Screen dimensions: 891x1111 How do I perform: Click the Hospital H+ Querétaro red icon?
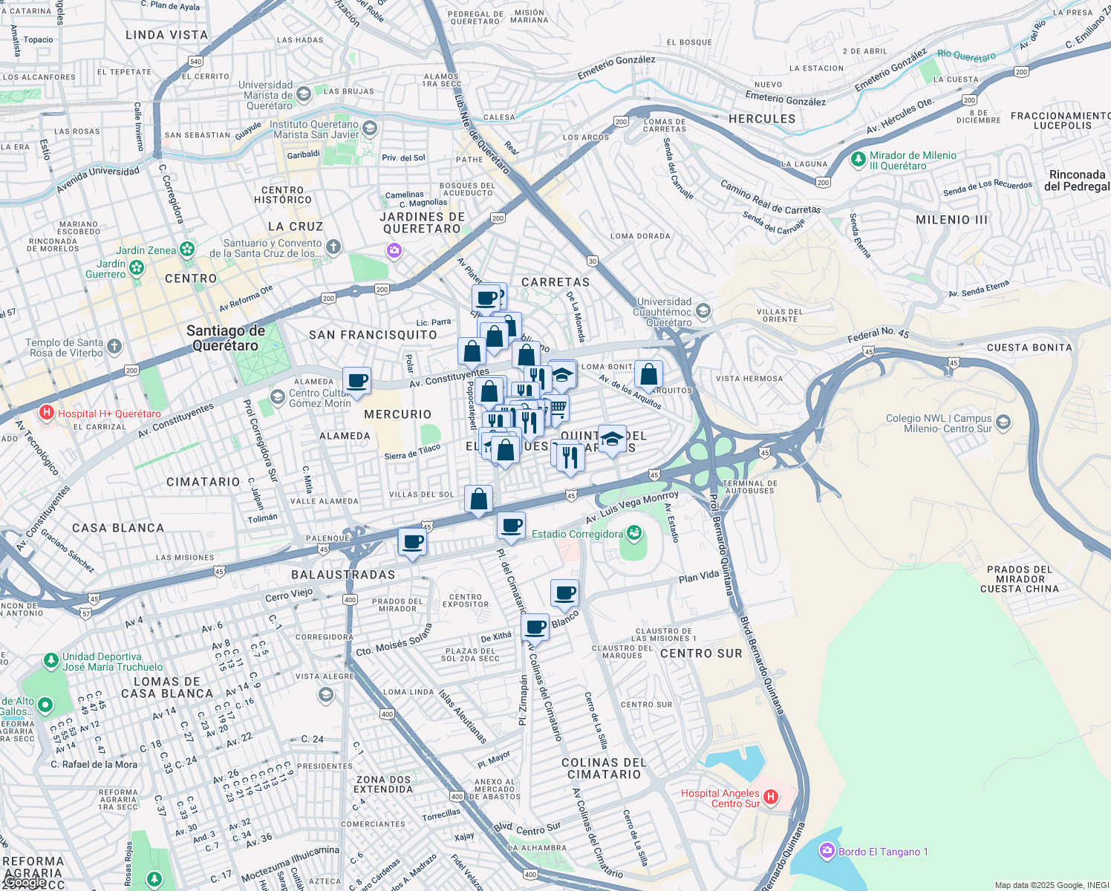coord(47,413)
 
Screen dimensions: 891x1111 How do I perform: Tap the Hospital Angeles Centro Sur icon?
coord(771,797)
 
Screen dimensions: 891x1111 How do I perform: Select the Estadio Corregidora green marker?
coord(633,533)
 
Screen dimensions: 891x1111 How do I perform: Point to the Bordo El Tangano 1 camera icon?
coord(827,851)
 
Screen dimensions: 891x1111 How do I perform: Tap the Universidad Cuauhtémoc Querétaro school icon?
coord(703,310)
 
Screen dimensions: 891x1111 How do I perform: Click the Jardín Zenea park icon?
coord(186,249)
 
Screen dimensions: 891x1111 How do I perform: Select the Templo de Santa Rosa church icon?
coord(114,346)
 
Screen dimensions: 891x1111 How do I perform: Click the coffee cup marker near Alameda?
coord(357,380)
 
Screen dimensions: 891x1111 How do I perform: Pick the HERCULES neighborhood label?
coord(761,119)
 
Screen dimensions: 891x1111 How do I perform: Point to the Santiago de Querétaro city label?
coord(226,338)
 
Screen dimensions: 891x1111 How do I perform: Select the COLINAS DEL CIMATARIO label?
coord(604,768)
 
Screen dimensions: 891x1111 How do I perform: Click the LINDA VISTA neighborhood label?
coord(166,35)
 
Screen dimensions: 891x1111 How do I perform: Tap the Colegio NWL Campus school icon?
coord(1003,422)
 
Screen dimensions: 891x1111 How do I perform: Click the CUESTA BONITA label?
coord(1029,347)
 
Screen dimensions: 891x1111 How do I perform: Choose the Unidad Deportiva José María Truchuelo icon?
coord(50,660)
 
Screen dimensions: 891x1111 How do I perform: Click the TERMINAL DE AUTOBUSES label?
coord(750,487)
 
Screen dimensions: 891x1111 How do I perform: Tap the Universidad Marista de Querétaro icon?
coord(303,94)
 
